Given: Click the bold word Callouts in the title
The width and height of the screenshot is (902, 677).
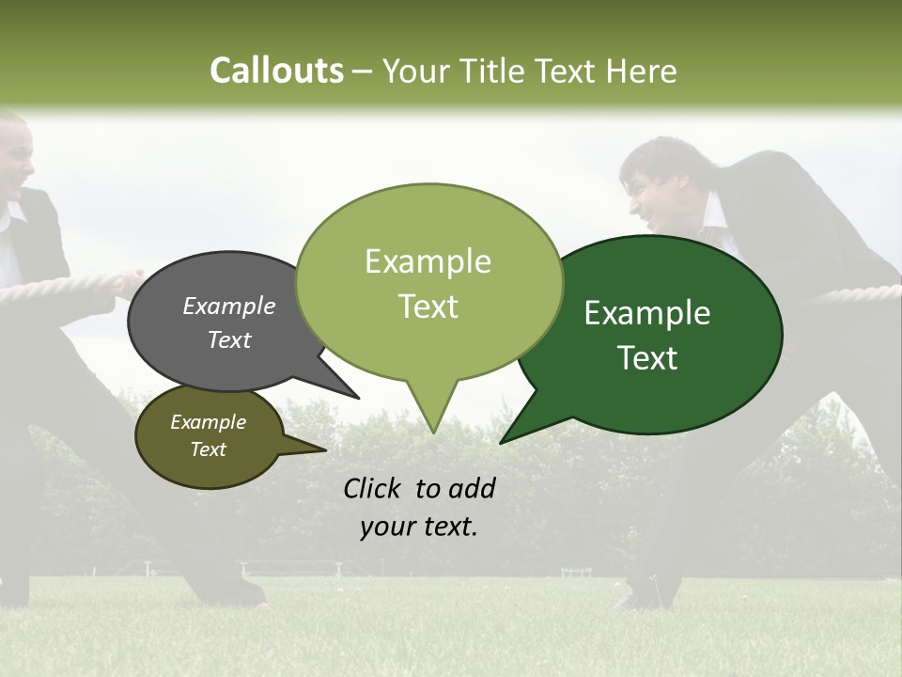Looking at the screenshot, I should pyautogui.click(x=276, y=71).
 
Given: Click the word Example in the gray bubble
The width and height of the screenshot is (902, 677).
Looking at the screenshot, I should pyautogui.click(x=228, y=306).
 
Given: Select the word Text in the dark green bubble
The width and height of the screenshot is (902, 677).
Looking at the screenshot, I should pyautogui.click(x=648, y=358).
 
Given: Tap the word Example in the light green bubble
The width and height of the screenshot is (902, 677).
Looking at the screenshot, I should pyautogui.click(x=428, y=261).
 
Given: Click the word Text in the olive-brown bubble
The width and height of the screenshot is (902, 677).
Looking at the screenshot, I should pyautogui.click(x=208, y=449).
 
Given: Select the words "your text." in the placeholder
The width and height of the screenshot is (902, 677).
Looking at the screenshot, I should pyautogui.click(x=419, y=527).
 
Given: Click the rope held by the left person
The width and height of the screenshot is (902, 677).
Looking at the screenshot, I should pyautogui.click(x=56, y=286).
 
